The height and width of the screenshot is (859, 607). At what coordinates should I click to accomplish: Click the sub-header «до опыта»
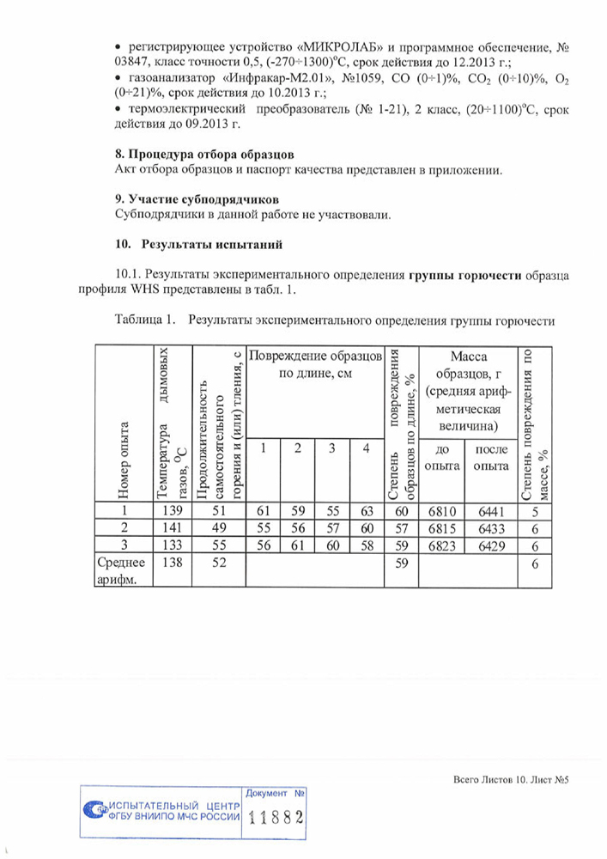(443, 457)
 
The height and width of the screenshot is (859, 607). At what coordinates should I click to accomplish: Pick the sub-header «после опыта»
(489, 457)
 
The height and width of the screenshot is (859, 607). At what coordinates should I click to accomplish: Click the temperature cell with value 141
(173, 527)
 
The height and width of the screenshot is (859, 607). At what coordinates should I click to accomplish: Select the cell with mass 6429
(489, 544)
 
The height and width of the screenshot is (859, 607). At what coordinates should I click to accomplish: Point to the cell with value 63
(366, 512)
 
